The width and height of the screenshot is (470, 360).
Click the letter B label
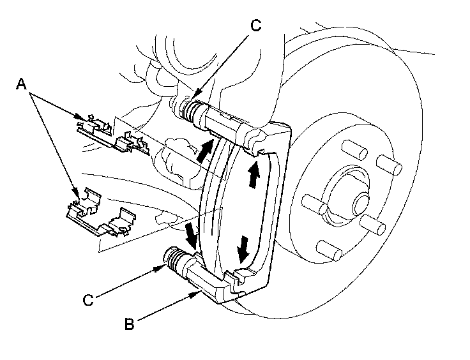130,324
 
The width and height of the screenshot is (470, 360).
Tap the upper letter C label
255,26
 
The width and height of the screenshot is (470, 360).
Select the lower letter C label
89,299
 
